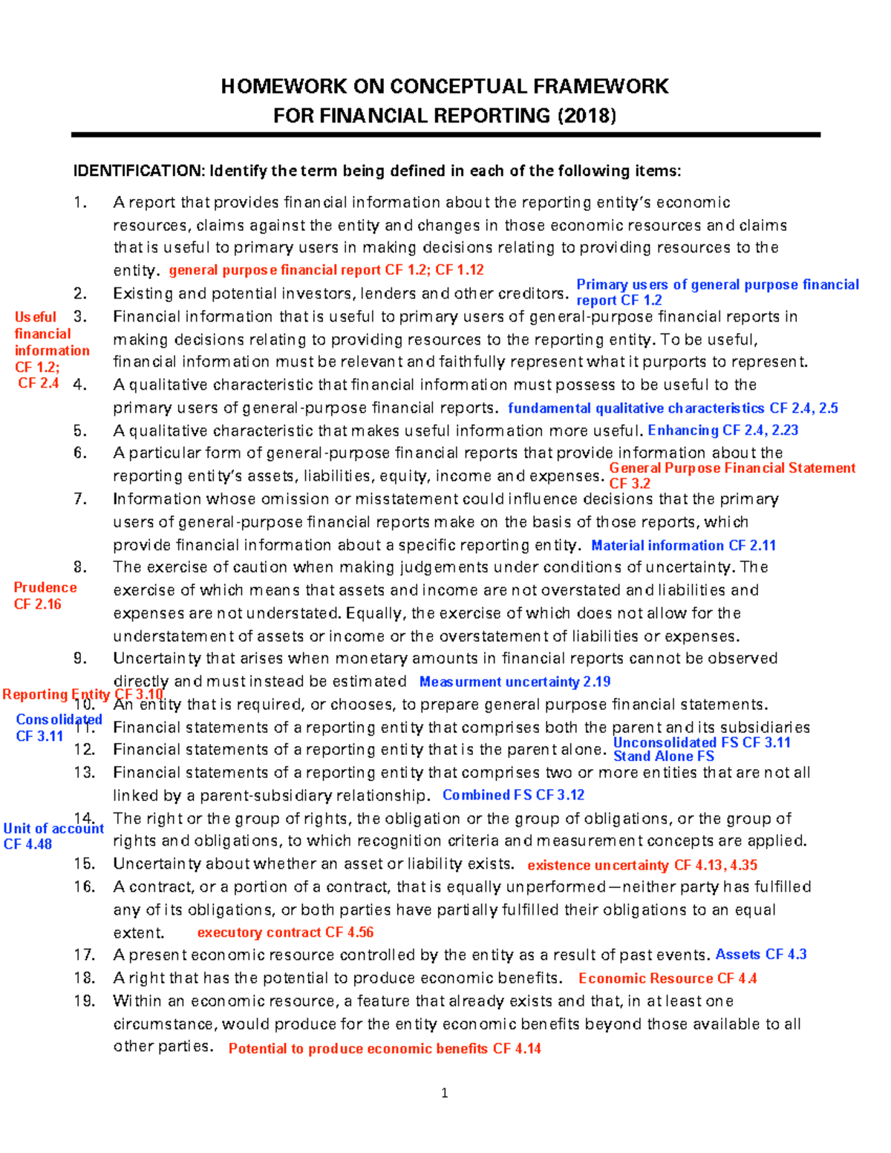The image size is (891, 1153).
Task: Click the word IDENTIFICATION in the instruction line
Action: pos(137,172)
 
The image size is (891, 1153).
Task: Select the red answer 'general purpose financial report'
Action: pos(275,270)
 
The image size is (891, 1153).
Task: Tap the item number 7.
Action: pos(80,499)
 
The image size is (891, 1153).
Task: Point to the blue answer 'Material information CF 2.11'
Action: pos(683,546)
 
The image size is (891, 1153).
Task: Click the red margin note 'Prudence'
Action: pos(45,587)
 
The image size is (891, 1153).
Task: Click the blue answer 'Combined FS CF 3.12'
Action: pos(513,795)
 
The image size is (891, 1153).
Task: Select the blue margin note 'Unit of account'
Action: pos(53,829)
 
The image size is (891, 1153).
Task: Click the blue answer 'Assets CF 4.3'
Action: pos(760,955)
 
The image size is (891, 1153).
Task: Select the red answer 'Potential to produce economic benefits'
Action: pos(359,1048)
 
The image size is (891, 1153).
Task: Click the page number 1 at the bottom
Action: pos(445,1093)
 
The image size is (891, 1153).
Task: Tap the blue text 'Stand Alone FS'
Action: pos(663,757)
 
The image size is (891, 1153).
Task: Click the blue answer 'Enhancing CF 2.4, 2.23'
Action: pos(722,431)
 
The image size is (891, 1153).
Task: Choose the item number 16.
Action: pos(84,887)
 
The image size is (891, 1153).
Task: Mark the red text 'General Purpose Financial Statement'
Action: pos(731,468)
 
